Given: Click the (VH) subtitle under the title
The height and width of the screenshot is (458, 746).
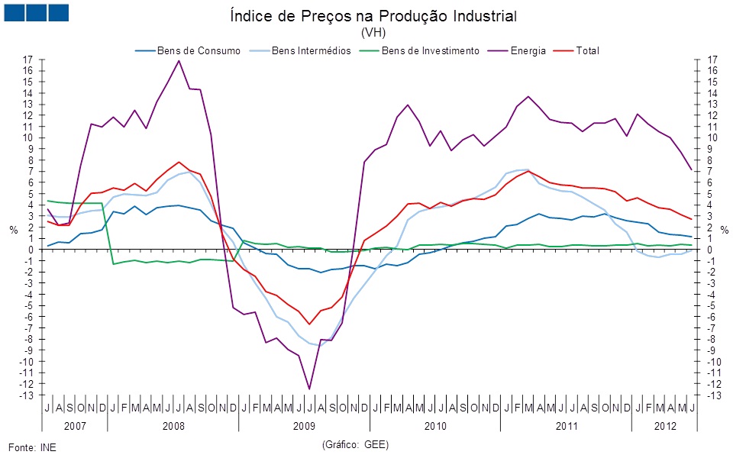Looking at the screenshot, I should tap(373, 33).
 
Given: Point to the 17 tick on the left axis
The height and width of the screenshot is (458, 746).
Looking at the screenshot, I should tap(28, 60).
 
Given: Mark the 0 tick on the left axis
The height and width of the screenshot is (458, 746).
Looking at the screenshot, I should tap(31, 250).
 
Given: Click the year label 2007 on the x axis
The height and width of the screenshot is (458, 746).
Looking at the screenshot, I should tap(75, 425).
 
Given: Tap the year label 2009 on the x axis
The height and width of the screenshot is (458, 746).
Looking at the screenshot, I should tap(304, 425).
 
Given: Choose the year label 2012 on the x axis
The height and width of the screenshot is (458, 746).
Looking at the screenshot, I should tap(663, 425).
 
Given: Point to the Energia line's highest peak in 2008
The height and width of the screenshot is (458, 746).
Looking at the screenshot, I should tap(179, 60).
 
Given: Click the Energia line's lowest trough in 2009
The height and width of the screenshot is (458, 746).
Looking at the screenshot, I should tap(309, 389).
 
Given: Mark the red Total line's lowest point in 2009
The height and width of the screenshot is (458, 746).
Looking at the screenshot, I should tap(309, 324).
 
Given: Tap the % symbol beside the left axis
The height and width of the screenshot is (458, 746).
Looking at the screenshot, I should tap(13, 230).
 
